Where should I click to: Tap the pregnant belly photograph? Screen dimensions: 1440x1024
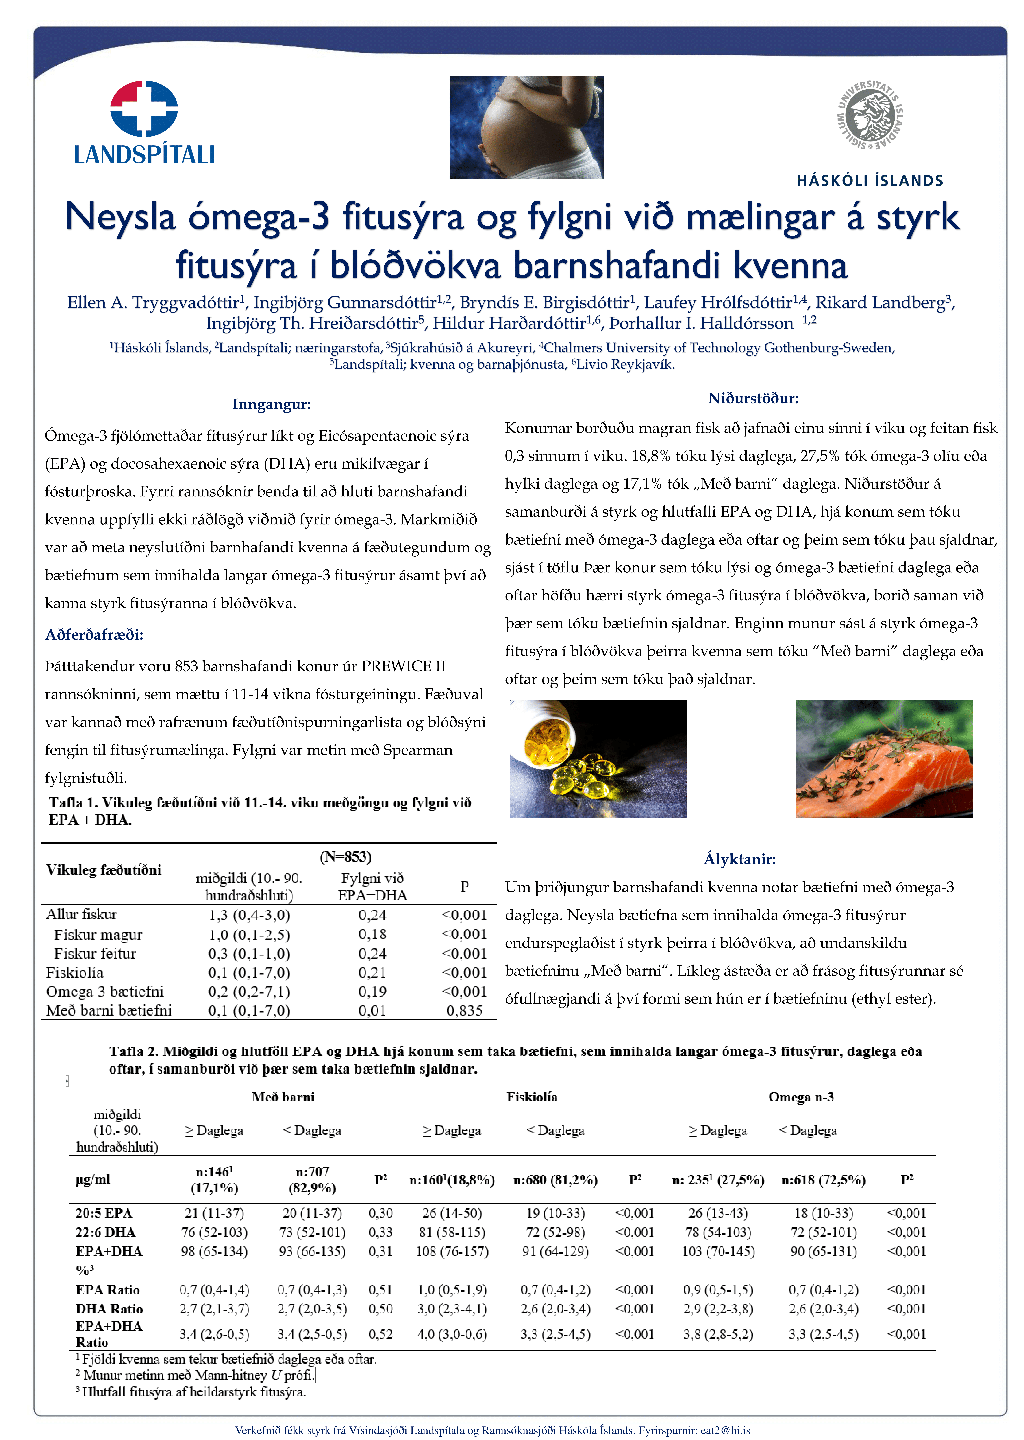pos(526,128)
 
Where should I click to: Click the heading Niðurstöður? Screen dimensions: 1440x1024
pos(753,398)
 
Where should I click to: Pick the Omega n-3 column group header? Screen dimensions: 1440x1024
pos(801,1097)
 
